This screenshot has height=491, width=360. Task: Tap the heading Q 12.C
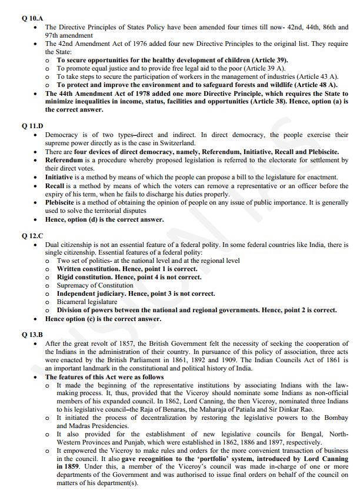click(x=31, y=236)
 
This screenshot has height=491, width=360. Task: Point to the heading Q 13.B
click(x=31, y=334)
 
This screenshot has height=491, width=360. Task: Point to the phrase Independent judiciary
click(x=91, y=293)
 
